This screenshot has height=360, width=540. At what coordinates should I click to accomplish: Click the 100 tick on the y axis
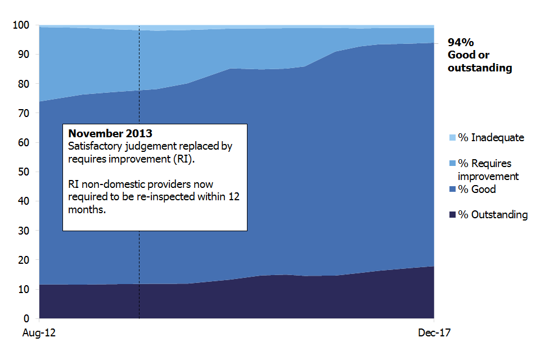pyautogui.click(x=20, y=25)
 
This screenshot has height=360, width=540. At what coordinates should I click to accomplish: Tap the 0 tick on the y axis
pyautogui.click(x=25, y=318)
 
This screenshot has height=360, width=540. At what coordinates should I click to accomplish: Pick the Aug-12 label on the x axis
pyautogui.click(x=39, y=333)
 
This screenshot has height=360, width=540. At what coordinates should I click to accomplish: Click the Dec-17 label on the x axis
pyautogui.click(x=434, y=333)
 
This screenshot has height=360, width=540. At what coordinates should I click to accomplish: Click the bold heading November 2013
pyautogui.click(x=110, y=134)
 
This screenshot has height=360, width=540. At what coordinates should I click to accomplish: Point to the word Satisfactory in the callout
pyautogui.click(x=94, y=146)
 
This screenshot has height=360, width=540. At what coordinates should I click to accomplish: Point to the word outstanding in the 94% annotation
pyautogui.click(x=480, y=68)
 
